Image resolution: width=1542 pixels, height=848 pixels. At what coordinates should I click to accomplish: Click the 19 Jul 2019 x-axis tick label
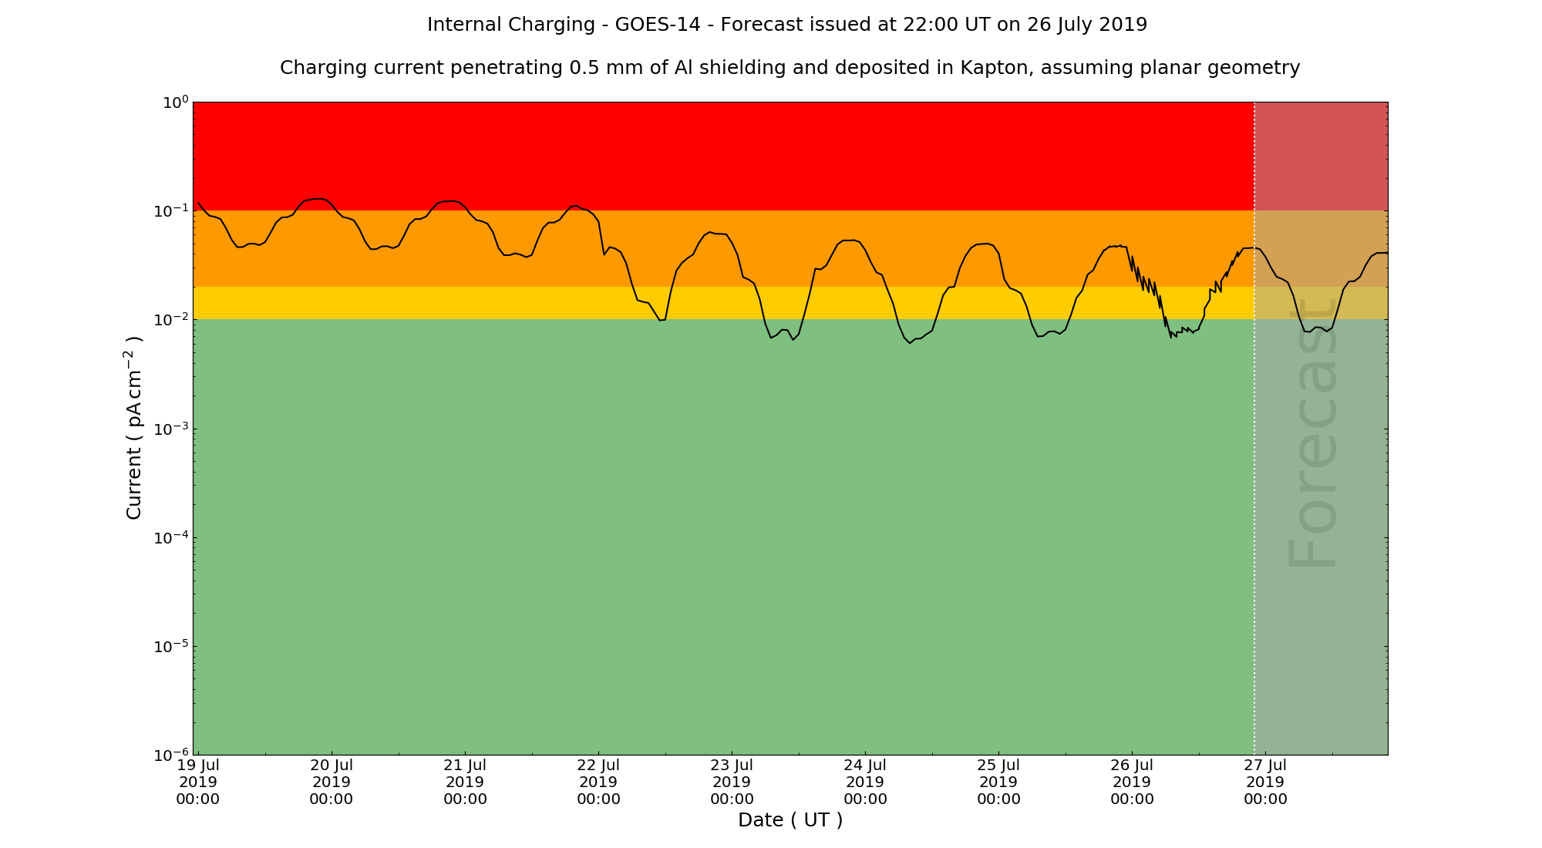[x=198, y=782]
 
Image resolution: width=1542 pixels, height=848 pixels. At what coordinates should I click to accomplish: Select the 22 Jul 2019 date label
[x=598, y=782]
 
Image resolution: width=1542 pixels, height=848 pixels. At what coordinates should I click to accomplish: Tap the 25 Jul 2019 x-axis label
[x=998, y=782]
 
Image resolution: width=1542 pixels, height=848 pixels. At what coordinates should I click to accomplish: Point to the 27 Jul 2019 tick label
[x=1265, y=782]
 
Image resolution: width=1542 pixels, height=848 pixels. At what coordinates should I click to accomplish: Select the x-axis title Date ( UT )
[x=790, y=820]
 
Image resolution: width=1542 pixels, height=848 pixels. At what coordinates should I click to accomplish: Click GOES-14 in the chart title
[x=657, y=25]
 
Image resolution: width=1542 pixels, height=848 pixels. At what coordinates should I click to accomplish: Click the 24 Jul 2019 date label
[x=865, y=782]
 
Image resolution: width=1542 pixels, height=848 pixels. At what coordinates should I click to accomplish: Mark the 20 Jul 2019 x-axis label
[x=332, y=782]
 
